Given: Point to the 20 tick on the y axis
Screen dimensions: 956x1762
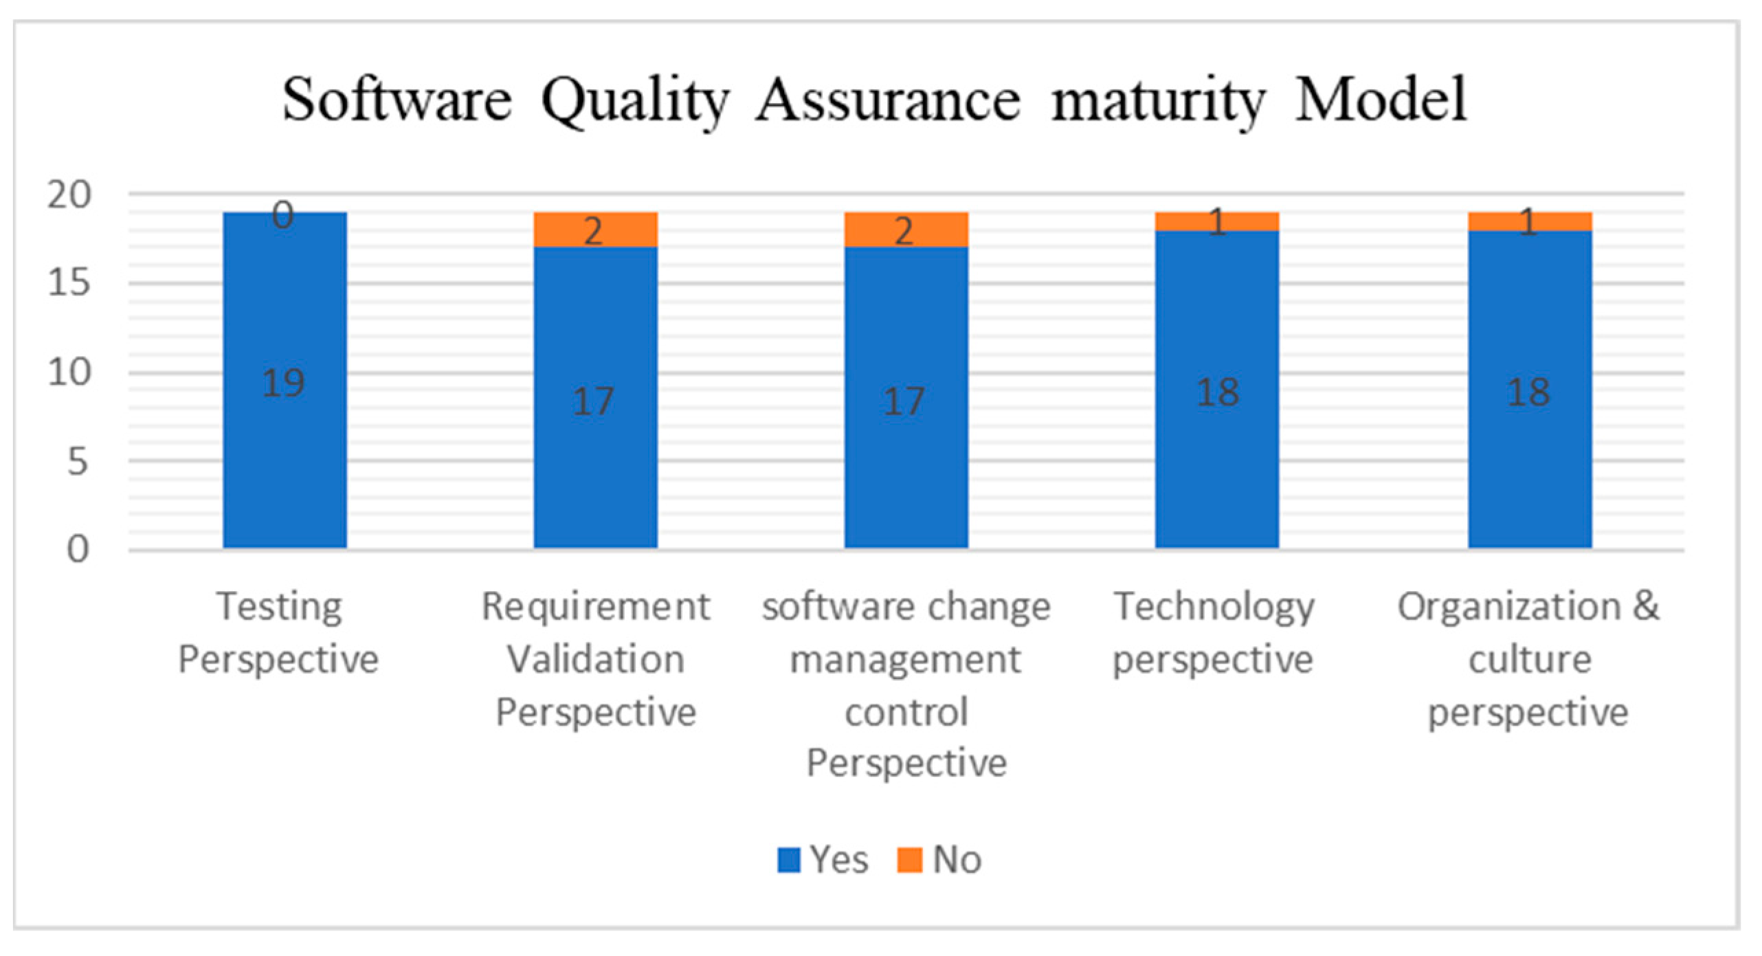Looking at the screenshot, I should (x=69, y=195).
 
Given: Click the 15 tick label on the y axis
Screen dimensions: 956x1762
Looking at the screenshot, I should (x=69, y=283).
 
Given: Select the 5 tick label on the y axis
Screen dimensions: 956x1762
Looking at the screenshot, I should (x=77, y=462).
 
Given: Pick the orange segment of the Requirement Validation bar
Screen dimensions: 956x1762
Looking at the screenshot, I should (x=595, y=230).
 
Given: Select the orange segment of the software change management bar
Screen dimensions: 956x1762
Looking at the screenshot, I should (x=906, y=230).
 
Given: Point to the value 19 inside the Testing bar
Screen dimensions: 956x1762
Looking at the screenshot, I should (x=283, y=383).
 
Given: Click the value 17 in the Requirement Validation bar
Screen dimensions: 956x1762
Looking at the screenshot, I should (x=594, y=401).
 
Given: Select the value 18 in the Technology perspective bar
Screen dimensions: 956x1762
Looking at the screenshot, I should (x=1218, y=392).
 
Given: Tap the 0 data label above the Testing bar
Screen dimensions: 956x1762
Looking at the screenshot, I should (x=282, y=215).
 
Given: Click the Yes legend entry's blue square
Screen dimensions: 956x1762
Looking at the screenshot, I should (x=788, y=860).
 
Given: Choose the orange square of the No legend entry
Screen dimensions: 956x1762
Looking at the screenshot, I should (x=909, y=860).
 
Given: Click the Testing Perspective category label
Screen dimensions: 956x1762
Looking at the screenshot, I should (x=279, y=632).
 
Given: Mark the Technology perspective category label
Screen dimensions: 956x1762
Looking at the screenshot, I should (x=1214, y=632).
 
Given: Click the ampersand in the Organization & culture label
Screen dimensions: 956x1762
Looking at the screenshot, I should (x=1646, y=606).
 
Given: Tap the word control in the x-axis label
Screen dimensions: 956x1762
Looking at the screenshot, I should (x=906, y=712).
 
